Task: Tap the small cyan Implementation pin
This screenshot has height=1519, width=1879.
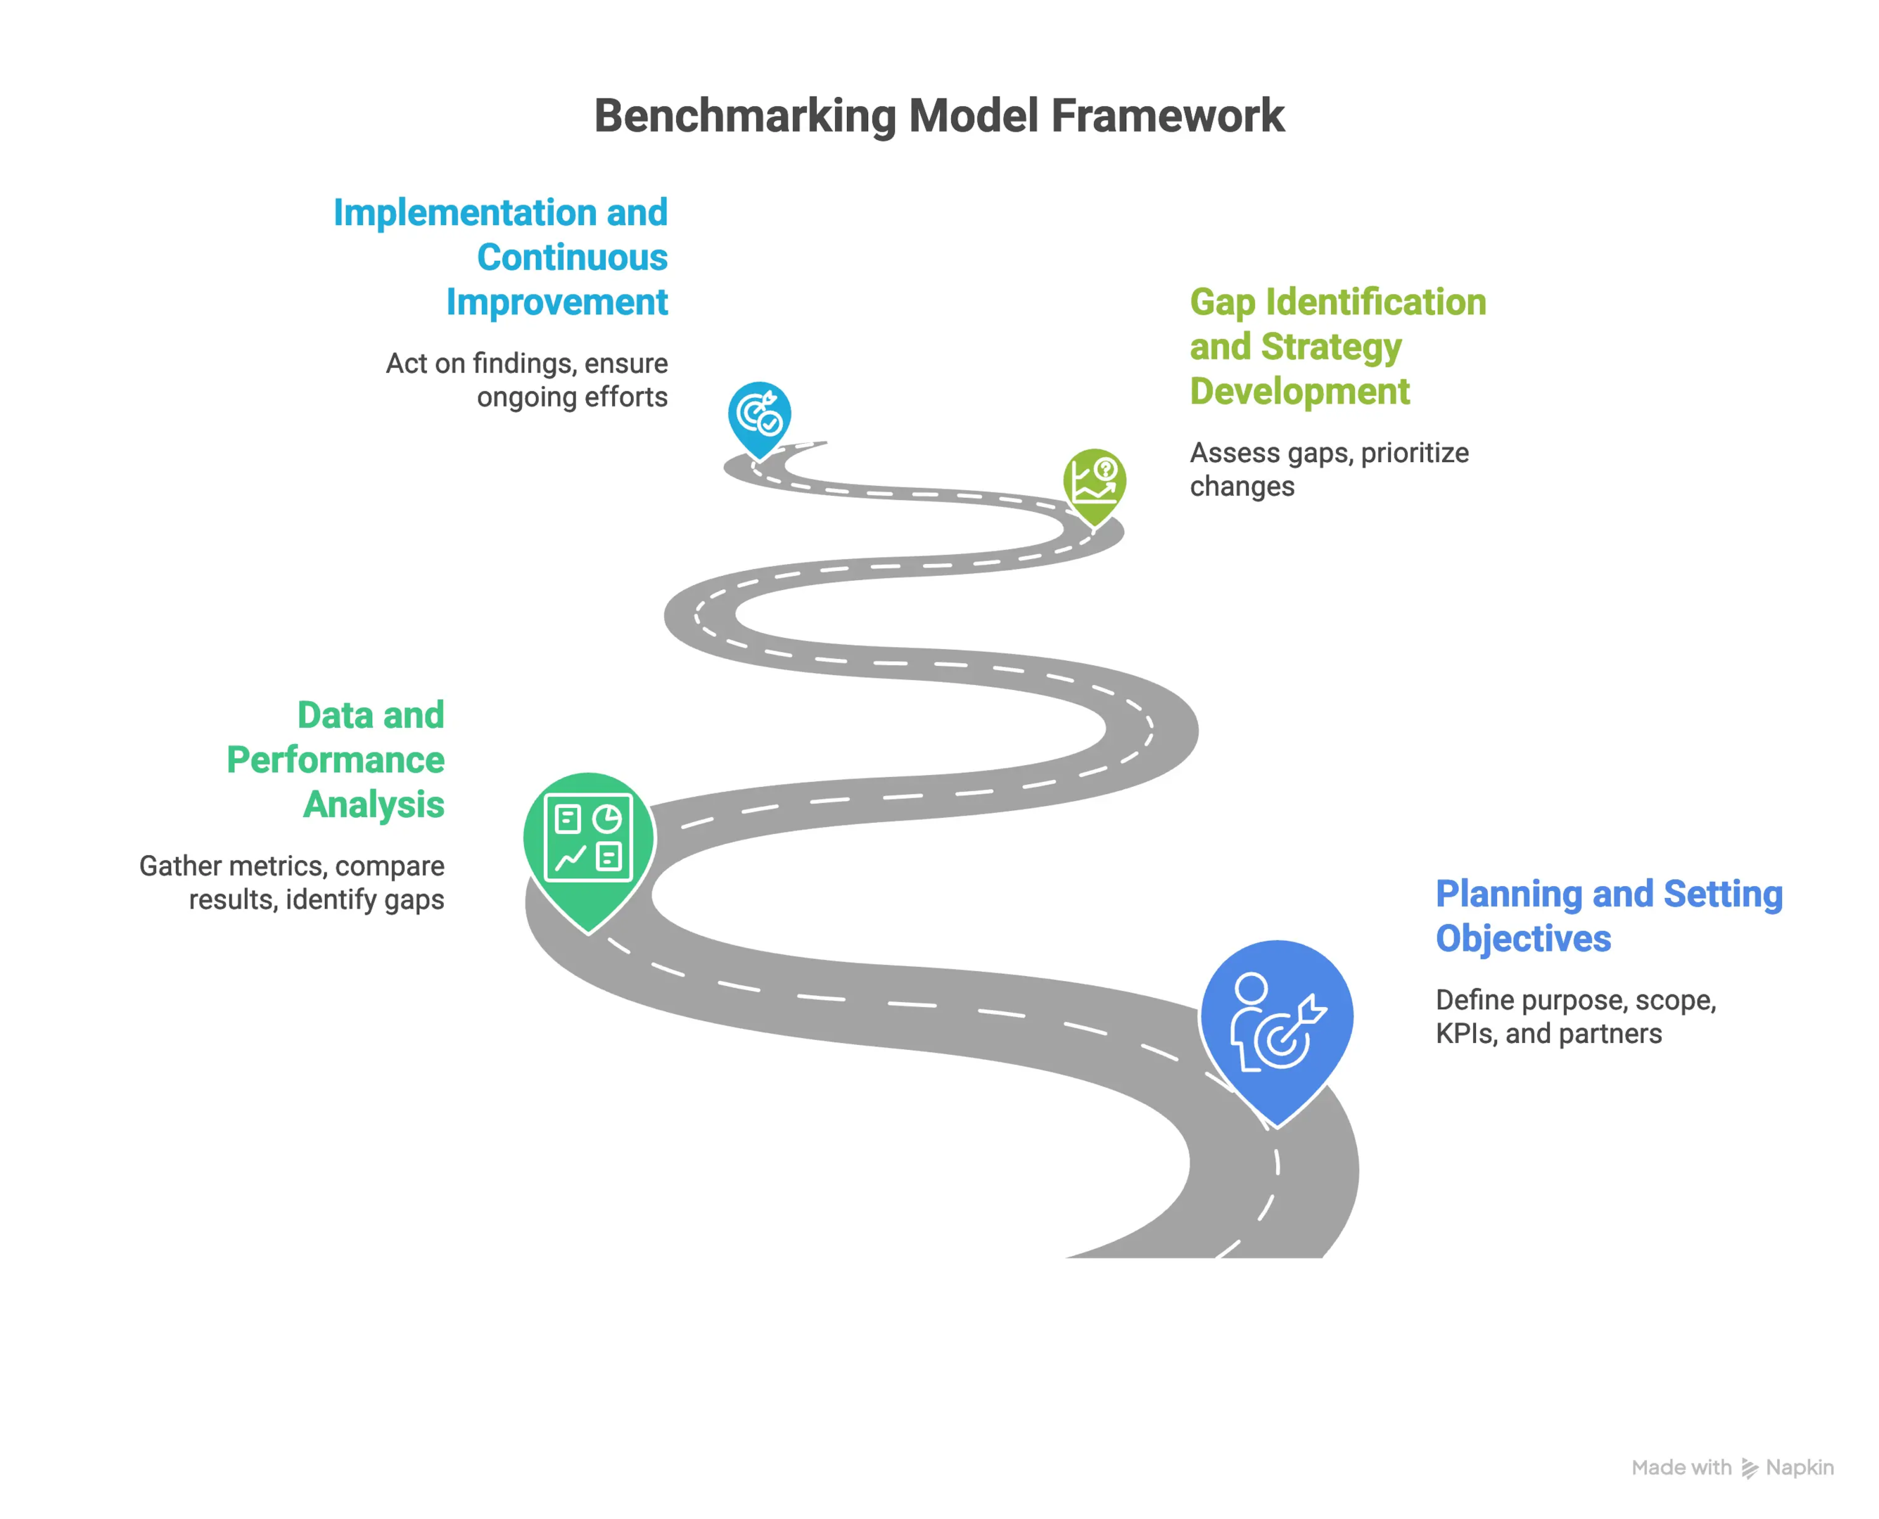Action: [759, 416]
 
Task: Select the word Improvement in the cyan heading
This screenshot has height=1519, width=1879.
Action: [556, 302]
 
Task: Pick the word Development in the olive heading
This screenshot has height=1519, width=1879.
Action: [1299, 391]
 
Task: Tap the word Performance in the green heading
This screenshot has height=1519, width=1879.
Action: [335, 759]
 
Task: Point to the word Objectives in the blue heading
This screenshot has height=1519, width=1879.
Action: [1523, 939]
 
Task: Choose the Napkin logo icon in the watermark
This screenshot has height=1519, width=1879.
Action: [1749, 1468]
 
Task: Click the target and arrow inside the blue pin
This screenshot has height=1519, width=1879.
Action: [1290, 1032]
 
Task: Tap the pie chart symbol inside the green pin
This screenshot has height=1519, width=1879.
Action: [606, 819]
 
